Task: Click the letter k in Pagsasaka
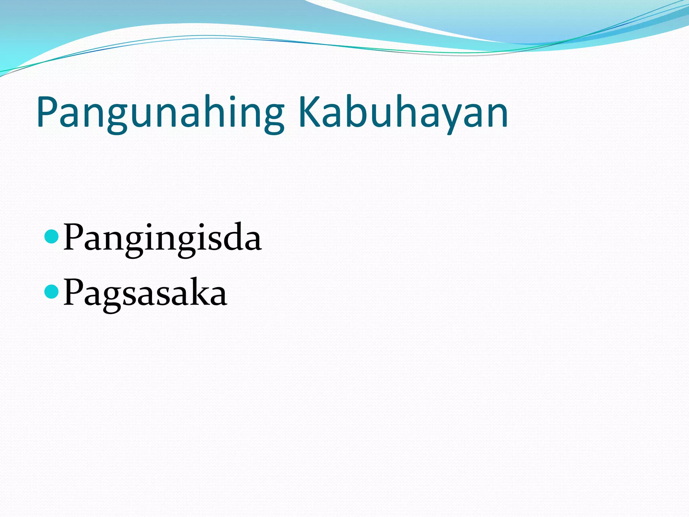click(199, 291)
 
